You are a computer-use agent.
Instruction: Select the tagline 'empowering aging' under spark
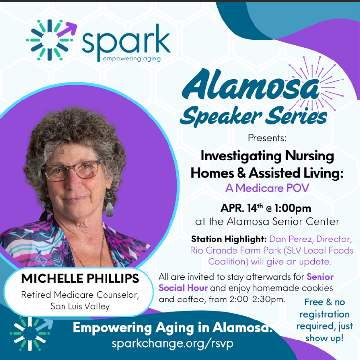(130, 59)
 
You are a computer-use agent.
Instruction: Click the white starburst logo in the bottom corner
(31, 334)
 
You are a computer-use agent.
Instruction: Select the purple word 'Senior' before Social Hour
(320, 277)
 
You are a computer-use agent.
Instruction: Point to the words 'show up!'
(324, 338)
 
